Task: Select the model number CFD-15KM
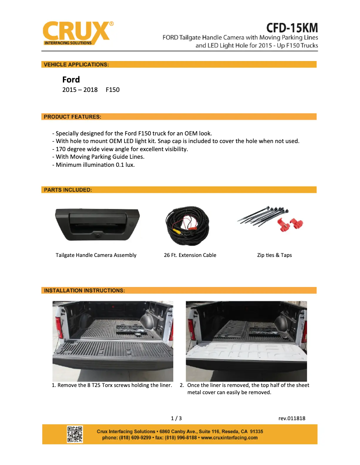[292, 27]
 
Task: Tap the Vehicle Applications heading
[76, 65]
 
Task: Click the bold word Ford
[71, 80]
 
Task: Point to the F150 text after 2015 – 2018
[113, 90]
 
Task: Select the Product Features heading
[72, 117]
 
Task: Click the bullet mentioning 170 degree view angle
[120, 149]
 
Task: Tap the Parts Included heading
[68, 190]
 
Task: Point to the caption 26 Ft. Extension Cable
[190, 255]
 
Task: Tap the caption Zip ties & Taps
[274, 255]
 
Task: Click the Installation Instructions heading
[84, 291]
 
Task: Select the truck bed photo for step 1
[113, 341]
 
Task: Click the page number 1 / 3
[176, 418]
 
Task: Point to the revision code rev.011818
[292, 418]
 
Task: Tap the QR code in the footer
[75, 434]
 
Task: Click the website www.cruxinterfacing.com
[229, 438]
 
